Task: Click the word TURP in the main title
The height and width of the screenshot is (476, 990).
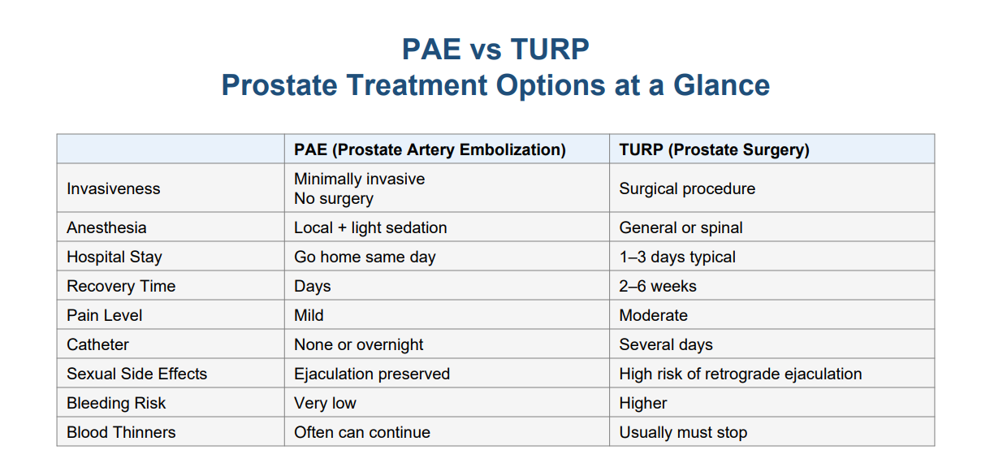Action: [550, 49]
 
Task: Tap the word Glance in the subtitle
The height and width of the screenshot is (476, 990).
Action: [721, 84]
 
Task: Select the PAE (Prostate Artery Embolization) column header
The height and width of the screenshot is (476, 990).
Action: [430, 149]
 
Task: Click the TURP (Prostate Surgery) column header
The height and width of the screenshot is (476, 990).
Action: [714, 149]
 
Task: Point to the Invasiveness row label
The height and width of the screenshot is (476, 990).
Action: [114, 188]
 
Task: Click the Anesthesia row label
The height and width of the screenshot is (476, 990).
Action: [106, 227]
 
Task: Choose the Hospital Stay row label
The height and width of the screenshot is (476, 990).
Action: [115, 257]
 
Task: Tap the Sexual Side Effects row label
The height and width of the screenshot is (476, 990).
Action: [137, 374]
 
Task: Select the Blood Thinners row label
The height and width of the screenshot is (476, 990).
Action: [121, 432]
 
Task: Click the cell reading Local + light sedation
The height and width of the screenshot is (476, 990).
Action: [371, 227]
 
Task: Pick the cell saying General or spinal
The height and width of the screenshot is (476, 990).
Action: [681, 227]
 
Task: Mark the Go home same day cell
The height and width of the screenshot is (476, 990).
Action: [365, 257]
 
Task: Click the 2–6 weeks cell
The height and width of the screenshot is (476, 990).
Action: [658, 287]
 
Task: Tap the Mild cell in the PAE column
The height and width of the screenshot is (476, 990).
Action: [309, 315]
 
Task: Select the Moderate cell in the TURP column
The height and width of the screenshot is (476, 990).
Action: [654, 315]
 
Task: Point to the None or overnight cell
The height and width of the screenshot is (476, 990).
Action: [359, 344]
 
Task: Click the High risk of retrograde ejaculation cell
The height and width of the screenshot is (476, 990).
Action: [741, 374]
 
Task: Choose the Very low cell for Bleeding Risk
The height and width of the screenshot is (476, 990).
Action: [326, 403]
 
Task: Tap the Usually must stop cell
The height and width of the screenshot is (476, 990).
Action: [683, 432]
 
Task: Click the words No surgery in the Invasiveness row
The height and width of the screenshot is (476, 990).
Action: [334, 199]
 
